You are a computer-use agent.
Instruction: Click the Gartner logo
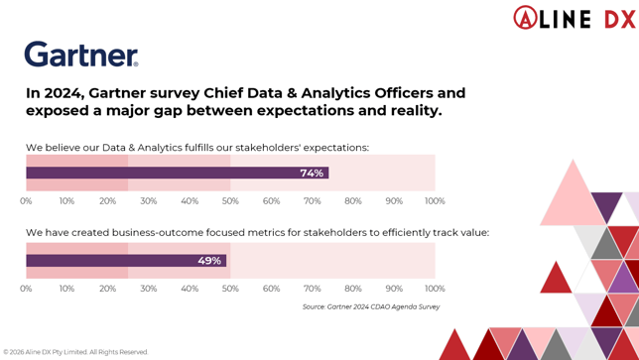coord(81,55)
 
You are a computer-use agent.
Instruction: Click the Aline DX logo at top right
coord(574,17)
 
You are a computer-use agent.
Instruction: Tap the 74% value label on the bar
coord(312,173)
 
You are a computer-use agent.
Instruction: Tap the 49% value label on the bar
coord(209,261)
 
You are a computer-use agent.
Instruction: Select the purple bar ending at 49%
coord(126,261)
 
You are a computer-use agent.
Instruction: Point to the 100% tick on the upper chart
coord(435,201)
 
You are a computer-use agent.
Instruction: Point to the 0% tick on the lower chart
coord(26,289)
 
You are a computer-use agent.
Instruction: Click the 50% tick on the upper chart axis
coord(230,201)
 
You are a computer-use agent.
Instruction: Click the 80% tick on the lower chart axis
coord(353,289)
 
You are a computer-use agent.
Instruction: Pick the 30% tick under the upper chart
coord(148,201)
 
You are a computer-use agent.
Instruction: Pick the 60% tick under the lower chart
coord(271,289)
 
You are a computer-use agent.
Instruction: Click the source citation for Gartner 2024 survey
coord(371,307)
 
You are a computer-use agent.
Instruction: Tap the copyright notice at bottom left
coord(75,352)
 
